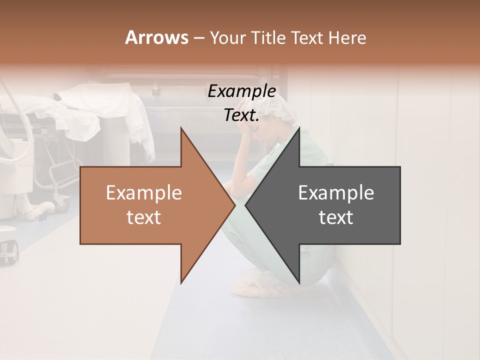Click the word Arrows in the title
[156, 37]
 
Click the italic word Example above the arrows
[241, 91]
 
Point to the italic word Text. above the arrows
[241, 115]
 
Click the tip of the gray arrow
[246, 205]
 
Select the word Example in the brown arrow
[144, 193]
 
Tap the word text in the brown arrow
[144, 217]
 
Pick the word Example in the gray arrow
[336, 193]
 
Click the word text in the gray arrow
[336, 217]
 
